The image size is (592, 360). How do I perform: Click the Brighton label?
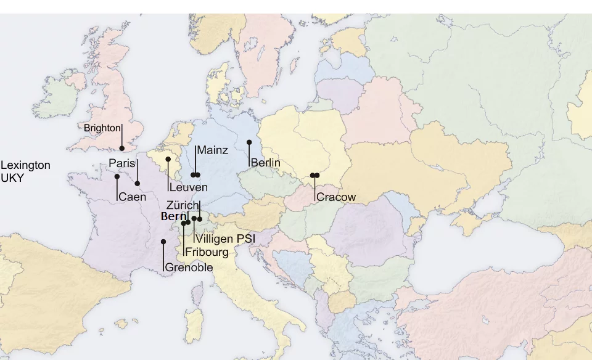pos(102,128)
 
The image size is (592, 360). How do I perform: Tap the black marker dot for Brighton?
pos(122,148)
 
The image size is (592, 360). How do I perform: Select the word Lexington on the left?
pos(25,165)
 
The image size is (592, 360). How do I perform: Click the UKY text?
pos(12,177)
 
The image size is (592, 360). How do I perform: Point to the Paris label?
pos(121,163)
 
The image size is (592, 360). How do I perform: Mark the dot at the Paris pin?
pos(138,183)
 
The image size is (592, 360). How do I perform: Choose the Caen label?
pos(133,197)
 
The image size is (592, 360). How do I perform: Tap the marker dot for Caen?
pos(117,176)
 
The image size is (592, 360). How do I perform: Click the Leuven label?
pos(188,187)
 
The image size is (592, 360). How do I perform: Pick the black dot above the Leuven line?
pos(168,159)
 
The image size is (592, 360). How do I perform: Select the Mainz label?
pos(213,150)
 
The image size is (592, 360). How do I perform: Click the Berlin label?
pos(266,163)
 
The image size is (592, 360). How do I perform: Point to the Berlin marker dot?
pos(249,142)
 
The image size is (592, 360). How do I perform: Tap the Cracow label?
pos(336,197)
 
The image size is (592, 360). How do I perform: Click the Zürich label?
pos(182,205)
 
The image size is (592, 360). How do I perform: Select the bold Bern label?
pos(173,216)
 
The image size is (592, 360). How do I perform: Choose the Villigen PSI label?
pos(225,239)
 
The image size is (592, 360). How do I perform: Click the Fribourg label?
pos(207,252)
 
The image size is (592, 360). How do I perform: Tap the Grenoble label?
pos(189,268)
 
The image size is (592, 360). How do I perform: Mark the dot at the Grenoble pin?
pos(163,242)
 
